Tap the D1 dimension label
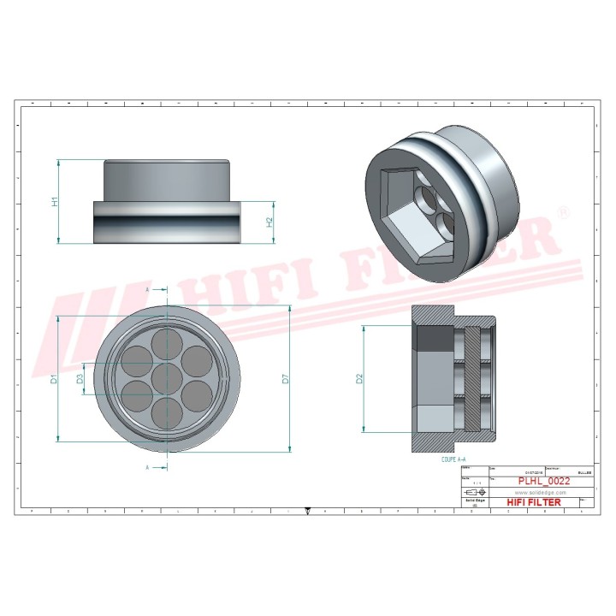tap(53, 378)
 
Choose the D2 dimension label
tap(360, 377)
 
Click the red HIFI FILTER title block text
tap(535, 502)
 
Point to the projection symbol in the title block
tap(472, 494)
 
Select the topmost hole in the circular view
tap(166, 346)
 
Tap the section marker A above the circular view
tap(147, 291)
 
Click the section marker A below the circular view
tap(147, 468)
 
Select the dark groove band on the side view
tap(165, 222)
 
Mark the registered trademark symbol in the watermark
tap(563, 210)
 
